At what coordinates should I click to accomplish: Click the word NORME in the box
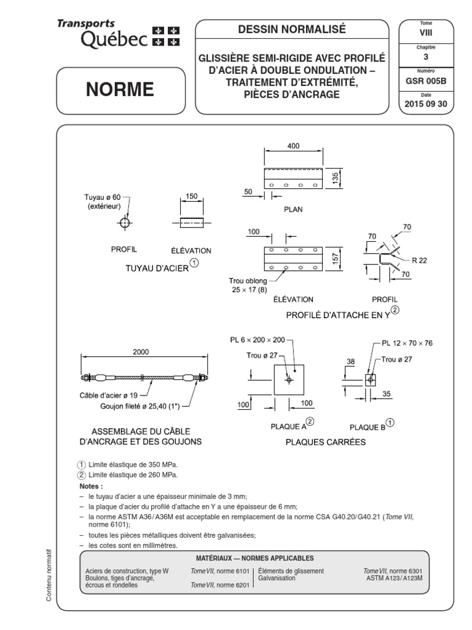[119, 90]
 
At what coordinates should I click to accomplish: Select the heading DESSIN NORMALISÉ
[292, 29]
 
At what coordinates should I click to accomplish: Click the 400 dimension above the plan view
[293, 146]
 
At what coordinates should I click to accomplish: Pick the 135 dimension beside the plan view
[336, 178]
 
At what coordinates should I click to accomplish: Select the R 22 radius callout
[419, 260]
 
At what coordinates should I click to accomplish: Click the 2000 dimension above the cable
[141, 353]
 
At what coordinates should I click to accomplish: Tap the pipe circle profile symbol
[125, 222]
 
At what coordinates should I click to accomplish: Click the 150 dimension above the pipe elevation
[191, 196]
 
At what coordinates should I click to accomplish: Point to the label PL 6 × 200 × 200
[257, 339]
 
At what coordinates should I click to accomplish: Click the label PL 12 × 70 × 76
[407, 343]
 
